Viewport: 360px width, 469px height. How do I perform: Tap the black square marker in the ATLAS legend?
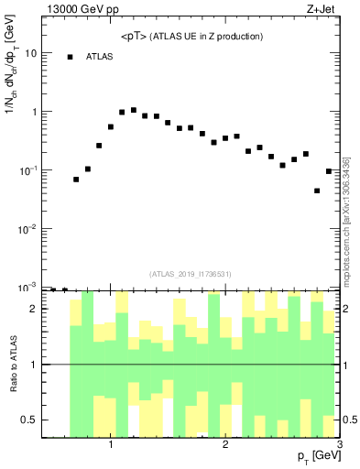(70, 57)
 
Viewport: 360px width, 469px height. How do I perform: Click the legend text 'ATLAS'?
(99, 57)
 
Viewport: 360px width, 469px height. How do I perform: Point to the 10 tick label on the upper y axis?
(30, 53)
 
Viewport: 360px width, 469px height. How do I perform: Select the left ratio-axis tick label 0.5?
(29, 420)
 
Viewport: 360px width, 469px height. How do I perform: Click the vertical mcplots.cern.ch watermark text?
(346, 220)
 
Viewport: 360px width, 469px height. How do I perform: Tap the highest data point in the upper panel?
(134, 110)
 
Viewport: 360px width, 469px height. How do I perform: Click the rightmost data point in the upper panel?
(329, 171)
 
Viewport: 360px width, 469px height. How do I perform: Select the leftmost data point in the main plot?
(76, 180)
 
